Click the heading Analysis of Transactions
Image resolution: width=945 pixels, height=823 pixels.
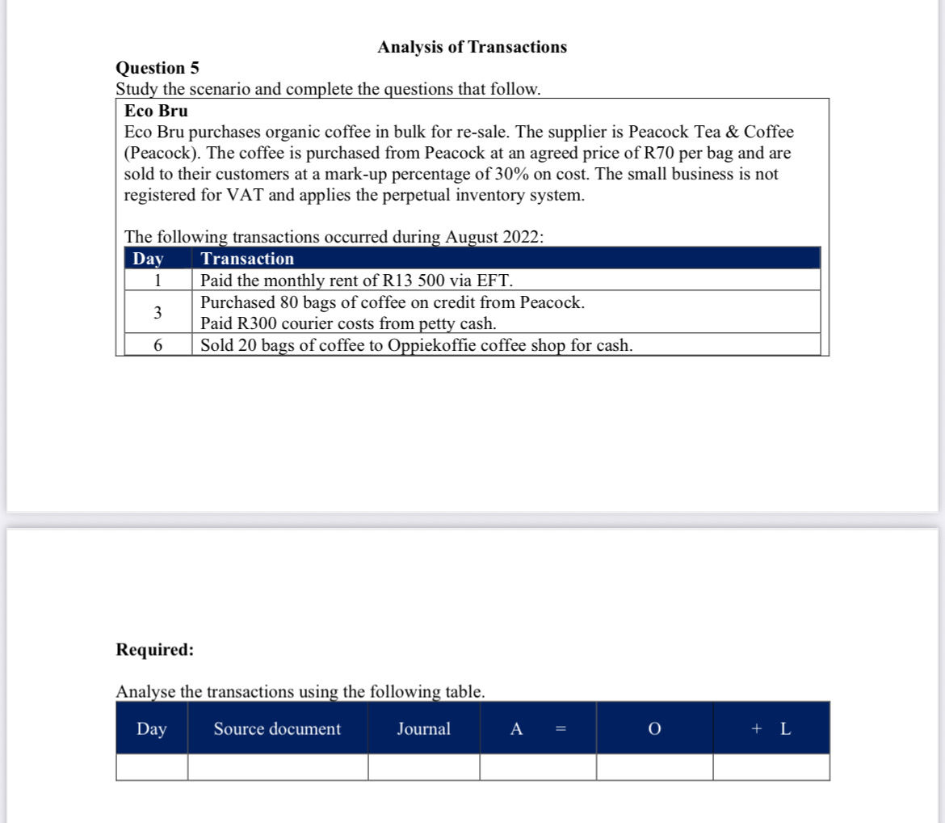coord(472,47)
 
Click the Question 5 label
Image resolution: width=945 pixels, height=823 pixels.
coord(157,68)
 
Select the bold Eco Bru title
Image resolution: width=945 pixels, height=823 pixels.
coord(156,111)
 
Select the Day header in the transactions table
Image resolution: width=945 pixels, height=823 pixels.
coord(148,259)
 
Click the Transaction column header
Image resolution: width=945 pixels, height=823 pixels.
coord(247,259)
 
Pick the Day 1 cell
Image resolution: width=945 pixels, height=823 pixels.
coord(158,281)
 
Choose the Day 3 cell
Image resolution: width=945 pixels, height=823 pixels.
coord(157,312)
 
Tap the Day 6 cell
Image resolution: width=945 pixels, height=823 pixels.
coord(158,345)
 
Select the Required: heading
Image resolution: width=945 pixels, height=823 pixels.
coord(155,649)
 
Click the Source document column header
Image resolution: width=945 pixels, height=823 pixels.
coord(277,729)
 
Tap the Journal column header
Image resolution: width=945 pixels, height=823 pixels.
coord(423,729)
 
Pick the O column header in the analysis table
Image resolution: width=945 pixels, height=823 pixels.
coord(654,729)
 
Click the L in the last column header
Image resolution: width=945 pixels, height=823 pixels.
coord(785,729)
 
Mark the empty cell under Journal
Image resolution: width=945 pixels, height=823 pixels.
coord(423,766)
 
